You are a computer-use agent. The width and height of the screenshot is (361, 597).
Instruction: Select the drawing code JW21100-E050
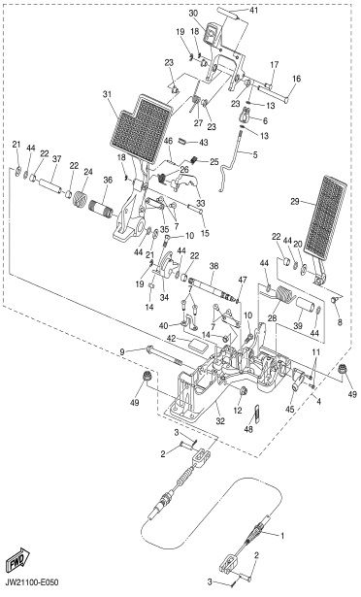(x=32, y=582)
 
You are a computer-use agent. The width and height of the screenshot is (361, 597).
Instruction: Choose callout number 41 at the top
(x=253, y=10)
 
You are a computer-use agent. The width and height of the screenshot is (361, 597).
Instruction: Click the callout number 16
(x=297, y=79)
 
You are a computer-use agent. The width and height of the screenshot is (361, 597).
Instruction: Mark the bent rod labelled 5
(x=231, y=161)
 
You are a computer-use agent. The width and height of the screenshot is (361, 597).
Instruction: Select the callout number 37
(x=56, y=159)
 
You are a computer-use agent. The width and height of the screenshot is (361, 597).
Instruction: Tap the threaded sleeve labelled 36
(x=101, y=209)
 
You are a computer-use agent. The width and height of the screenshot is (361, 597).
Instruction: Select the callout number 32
(x=220, y=421)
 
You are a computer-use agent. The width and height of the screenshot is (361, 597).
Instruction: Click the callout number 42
(x=173, y=339)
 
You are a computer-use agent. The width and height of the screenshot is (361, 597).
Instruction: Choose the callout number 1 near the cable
(x=282, y=536)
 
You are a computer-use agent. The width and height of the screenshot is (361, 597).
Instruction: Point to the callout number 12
(x=238, y=410)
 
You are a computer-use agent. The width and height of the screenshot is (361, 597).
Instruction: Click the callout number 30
(x=193, y=13)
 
